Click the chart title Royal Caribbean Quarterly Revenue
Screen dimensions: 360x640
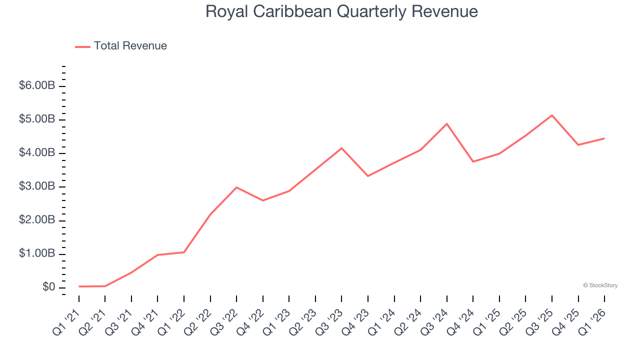point(341,11)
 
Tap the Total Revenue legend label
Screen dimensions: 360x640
point(130,46)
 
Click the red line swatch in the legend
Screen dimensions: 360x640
point(82,46)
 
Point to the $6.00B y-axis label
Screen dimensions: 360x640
point(37,86)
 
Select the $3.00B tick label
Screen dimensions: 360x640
point(37,187)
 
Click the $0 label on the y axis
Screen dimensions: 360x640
point(48,287)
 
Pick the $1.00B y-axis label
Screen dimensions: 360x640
point(37,254)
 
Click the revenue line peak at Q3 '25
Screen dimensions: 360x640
point(552,115)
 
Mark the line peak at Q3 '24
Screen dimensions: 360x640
point(446,123)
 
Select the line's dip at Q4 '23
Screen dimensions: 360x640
point(368,176)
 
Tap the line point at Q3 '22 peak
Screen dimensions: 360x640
point(236,187)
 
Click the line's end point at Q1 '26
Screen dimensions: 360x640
point(604,138)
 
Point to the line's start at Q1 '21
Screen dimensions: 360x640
point(79,286)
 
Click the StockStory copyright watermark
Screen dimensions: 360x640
point(600,285)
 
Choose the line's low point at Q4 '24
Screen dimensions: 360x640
point(473,161)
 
